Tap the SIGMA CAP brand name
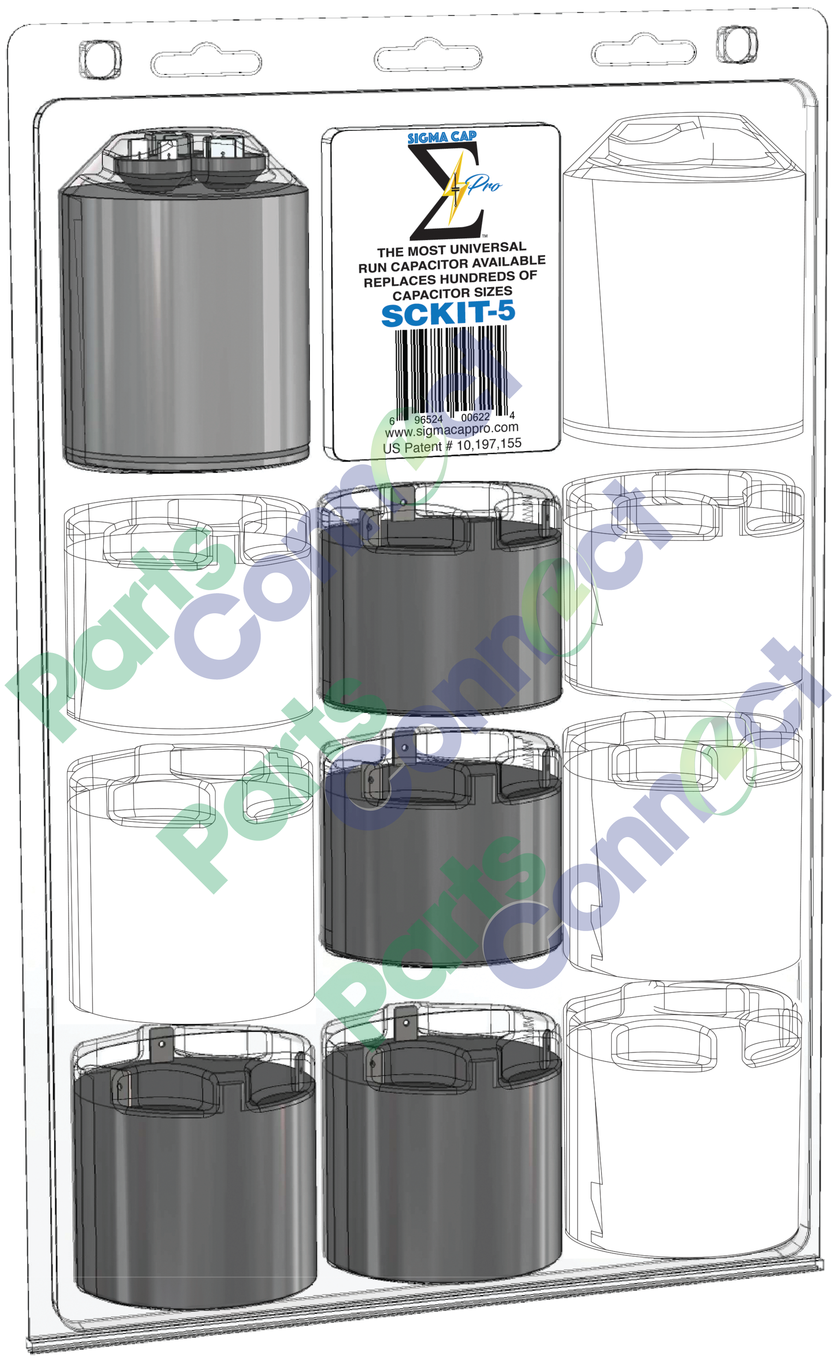pyautogui.click(x=442, y=137)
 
